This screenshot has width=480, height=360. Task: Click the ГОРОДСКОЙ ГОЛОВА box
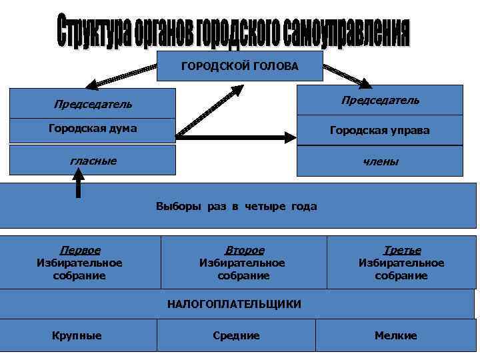pyautogui.click(x=239, y=66)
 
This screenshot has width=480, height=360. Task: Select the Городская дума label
pyautogui.click(x=93, y=128)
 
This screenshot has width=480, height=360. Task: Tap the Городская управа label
pyautogui.click(x=379, y=130)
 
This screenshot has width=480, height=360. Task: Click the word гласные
pyautogui.click(x=93, y=160)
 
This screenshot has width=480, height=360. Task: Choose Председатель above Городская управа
pyautogui.click(x=380, y=100)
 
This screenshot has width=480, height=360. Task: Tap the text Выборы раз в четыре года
pyautogui.click(x=236, y=206)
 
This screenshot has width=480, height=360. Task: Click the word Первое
pyautogui.click(x=80, y=251)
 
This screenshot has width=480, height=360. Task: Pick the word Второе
pyautogui.click(x=244, y=251)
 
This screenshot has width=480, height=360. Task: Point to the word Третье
pyautogui.click(x=402, y=251)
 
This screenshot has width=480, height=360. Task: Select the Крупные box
pyautogui.click(x=77, y=335)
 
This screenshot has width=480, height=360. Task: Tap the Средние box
pyautogui.click(x=236, y=335)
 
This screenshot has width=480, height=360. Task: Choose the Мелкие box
pyautogui.click(x=396, y=335)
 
